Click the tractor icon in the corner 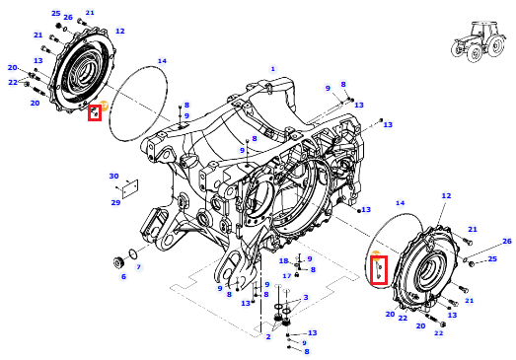[x=478, y=41]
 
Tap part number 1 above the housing [x=272, y=69]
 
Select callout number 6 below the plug [x=123, y=277]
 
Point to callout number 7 [x=138, y=267]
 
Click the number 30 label [x=113, y=176]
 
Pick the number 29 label [x=115, y=202]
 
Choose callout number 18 [x=284, y=261]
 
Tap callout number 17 [x=287, y=276]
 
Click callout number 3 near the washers [x=306, y=298]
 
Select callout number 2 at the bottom [x=268, y=336]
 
